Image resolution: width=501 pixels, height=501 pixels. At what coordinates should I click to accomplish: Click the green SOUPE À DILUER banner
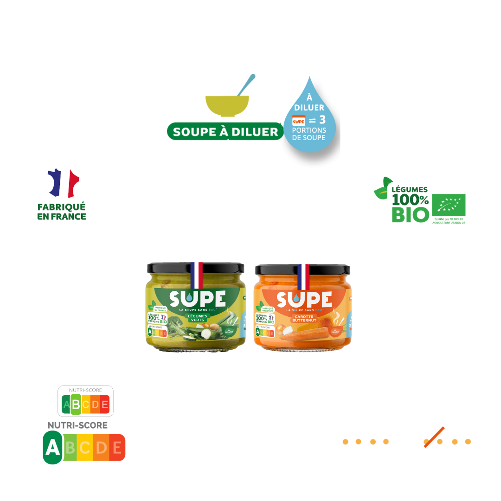[225, 132]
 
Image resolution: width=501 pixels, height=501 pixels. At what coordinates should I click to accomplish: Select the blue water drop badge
[309, 116]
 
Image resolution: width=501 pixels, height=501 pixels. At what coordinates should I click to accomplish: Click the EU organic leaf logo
[449, 203]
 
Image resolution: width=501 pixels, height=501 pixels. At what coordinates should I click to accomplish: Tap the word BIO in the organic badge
[410, 215]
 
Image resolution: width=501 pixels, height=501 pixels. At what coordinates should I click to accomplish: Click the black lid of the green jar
[195, 268]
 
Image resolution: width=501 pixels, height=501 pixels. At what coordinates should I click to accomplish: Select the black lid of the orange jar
[302, 270]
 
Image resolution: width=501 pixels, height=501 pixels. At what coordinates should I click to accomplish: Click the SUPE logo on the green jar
[197, 299]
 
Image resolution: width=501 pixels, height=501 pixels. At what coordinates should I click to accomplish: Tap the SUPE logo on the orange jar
[304, 300]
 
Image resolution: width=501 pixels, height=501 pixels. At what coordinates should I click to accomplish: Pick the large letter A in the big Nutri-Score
[53, 448]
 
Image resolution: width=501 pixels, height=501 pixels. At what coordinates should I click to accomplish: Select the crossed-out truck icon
[433, 437]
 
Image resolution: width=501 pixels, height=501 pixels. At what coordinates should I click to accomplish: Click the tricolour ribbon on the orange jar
[303, 276]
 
